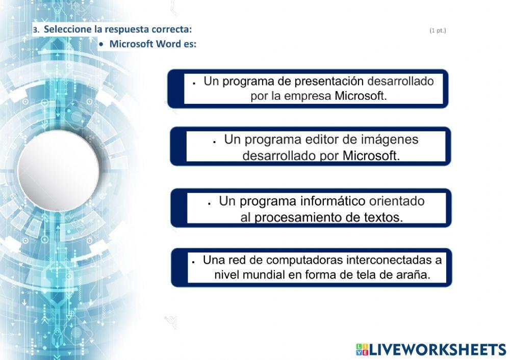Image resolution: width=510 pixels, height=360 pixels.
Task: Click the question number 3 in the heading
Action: [x=35, y=30]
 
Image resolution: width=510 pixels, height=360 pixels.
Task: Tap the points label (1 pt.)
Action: [x=438, y=31]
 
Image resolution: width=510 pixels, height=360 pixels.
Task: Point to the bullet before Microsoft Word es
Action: [x=102, y=44]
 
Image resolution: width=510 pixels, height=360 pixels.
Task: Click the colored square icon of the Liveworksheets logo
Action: [x=362, y=349]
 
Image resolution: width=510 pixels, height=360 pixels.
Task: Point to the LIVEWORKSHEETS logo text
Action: [x=437, y=349]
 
